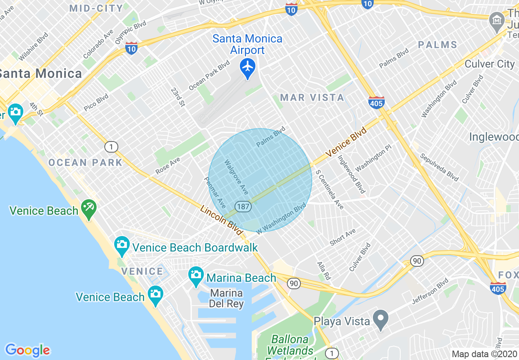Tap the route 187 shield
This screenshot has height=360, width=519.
(x=243, y=207)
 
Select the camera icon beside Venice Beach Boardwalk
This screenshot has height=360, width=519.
(x=122, y=244)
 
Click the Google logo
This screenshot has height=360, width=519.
(x=27, y=350)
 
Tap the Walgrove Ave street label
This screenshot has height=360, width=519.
(x=236, y=177)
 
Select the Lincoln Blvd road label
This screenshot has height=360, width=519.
(x=221, y=220)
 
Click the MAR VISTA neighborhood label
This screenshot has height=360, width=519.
(x=312, y=97)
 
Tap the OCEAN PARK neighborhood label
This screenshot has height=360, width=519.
(x=85, y=162)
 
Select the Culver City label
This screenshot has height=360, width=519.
(x=490, y=64)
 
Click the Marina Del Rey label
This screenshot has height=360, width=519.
(x=226, y=299)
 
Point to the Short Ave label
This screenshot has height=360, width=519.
(x=343, y=237)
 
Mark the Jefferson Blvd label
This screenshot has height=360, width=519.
(x=430, y=291)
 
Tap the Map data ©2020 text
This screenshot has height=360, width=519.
(x=484, y=354)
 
